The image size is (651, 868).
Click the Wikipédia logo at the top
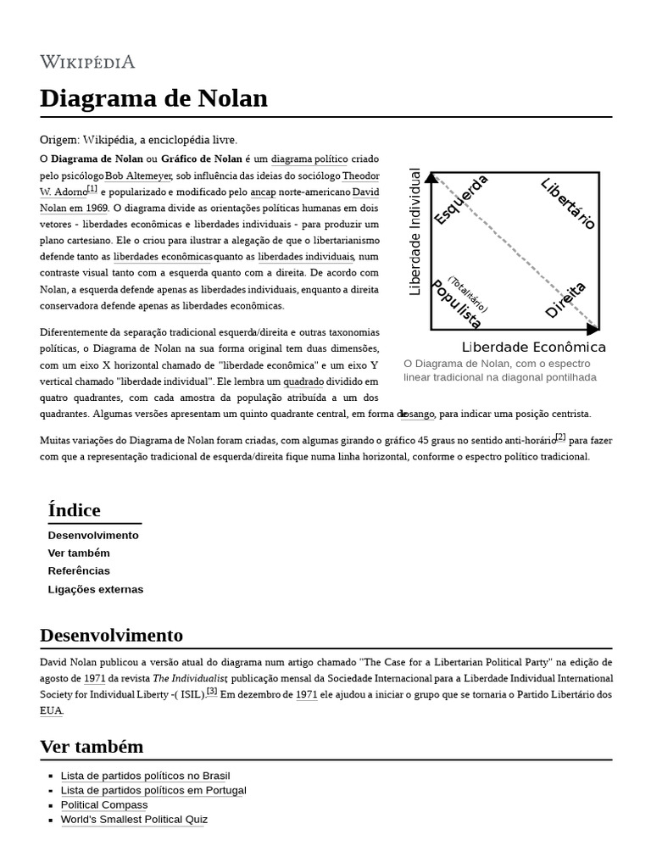[x=87, y=62]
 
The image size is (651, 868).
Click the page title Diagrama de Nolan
[x=153, y=98]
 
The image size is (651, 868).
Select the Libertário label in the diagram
[x=569, y=203]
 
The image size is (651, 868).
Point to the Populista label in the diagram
[x=456, y=304]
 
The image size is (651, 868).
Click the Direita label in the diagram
[x=565, y=300]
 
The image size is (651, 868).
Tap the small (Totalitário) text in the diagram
[x=469, y=294]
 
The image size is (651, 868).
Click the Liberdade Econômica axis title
[x=533, y=348]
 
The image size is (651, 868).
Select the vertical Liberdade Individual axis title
[x=415, y=232]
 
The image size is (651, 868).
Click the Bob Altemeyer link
[x=138, y=175]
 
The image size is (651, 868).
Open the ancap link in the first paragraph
[x=264, y=192]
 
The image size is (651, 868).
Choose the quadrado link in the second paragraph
[x=303, y=381]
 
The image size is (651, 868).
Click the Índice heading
[x=75, y=510]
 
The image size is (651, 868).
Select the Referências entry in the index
[x=79, y=570]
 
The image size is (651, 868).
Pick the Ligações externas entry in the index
[x=96, y=589]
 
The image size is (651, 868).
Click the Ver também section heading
[x=92, y=747]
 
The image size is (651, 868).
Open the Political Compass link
[x=103, y=804]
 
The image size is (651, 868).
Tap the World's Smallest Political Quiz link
[x=134, y=820]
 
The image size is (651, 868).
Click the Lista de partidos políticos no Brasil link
[x=145, y=776]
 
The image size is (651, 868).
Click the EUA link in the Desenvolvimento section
[x=51, y=710]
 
